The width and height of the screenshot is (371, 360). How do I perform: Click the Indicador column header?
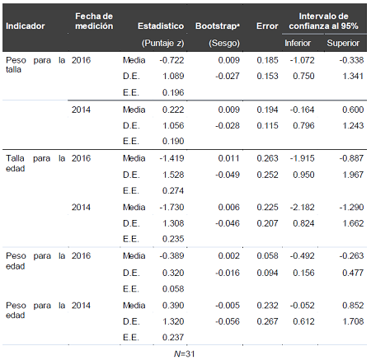[x=25, y=26]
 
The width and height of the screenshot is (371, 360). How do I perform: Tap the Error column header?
[x=267, y=26]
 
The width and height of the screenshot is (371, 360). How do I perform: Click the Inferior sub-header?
[x=298, y=41]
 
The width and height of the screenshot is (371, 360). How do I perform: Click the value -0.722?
[x=170, y=60]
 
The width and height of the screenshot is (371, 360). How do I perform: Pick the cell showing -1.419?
[x=170, y=157]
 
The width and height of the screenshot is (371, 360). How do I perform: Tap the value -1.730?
[x=170, y=207]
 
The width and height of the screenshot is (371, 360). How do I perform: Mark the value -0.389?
[x=170, y=255]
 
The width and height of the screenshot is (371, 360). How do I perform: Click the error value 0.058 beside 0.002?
[x=267, y=255]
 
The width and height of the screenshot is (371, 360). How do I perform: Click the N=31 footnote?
[x=185, y=353]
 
